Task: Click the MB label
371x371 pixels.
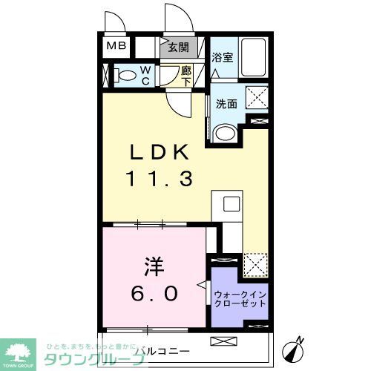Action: coord(116,46)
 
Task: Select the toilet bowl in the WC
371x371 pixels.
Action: coord(126,74)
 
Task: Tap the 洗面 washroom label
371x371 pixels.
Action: coord(226,104)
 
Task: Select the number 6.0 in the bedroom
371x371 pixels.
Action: coord(155,294)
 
